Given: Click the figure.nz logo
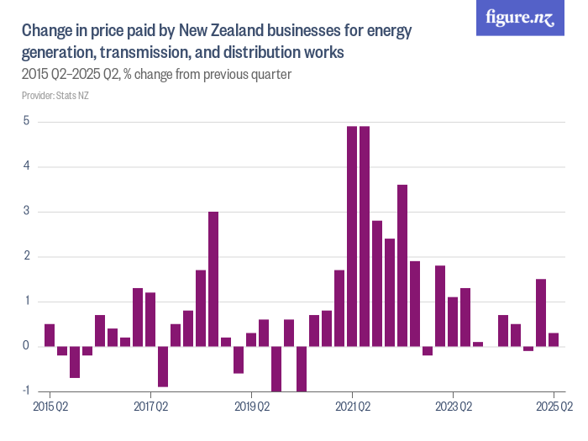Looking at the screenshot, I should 520,18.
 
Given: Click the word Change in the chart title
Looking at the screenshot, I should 48,32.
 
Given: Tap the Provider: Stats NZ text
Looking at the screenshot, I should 55,96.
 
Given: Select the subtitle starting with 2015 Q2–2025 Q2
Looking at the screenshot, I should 156,75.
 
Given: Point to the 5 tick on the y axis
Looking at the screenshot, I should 27,121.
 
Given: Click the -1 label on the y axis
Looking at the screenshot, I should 26,391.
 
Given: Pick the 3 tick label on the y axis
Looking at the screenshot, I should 27,211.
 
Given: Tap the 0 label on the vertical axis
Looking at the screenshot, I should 27,346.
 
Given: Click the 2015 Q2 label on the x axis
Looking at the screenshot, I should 50,407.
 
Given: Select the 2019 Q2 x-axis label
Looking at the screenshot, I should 251,407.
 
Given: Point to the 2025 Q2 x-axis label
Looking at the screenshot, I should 554,407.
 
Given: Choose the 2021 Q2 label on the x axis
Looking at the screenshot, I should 352,407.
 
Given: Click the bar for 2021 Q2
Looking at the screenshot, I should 352,236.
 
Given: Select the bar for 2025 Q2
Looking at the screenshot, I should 554,339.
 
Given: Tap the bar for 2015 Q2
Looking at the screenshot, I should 50,335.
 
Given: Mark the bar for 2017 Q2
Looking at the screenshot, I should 150,319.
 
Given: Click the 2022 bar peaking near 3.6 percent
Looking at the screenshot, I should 402,265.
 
